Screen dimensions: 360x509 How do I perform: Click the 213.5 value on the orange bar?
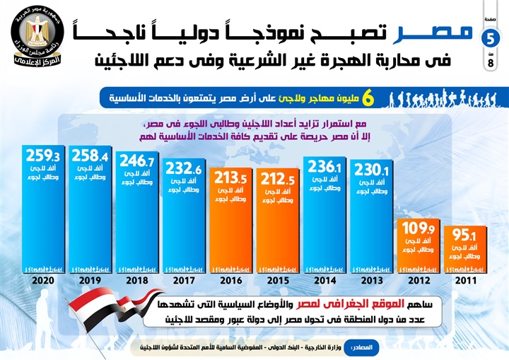coord(230,176)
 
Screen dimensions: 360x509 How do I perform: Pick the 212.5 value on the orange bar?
coord(277,176)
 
